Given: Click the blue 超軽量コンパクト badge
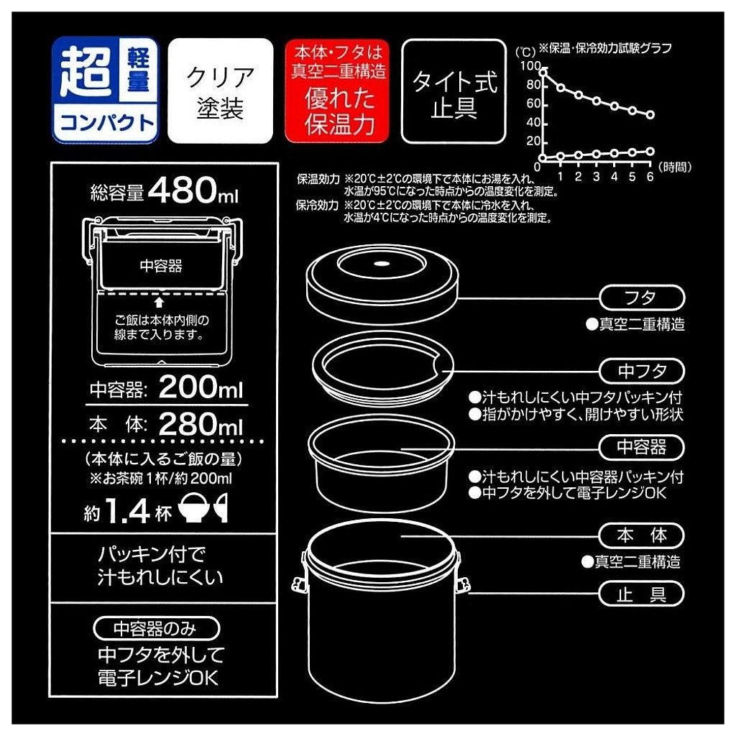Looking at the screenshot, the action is tap(105, 90).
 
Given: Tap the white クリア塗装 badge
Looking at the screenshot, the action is tap(220, 91).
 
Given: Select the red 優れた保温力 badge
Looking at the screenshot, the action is tap(338, 91).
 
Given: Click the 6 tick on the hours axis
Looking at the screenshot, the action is tap(650, 177).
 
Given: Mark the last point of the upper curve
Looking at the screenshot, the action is tap(650, 114).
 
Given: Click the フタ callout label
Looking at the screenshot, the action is tap(642, 298).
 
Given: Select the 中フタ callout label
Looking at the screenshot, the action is tap(642, 371).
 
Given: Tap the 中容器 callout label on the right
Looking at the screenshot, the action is tap(642, 447).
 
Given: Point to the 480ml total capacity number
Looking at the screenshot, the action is tap(193, 190).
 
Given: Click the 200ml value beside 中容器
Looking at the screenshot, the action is tap(201, 387).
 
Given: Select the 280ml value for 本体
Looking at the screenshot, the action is tap(201, 424).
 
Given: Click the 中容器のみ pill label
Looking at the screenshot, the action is tap(156, 628).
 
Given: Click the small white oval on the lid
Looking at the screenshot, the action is tap(382, 263).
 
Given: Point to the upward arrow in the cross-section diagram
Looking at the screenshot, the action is tap(159, 302).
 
